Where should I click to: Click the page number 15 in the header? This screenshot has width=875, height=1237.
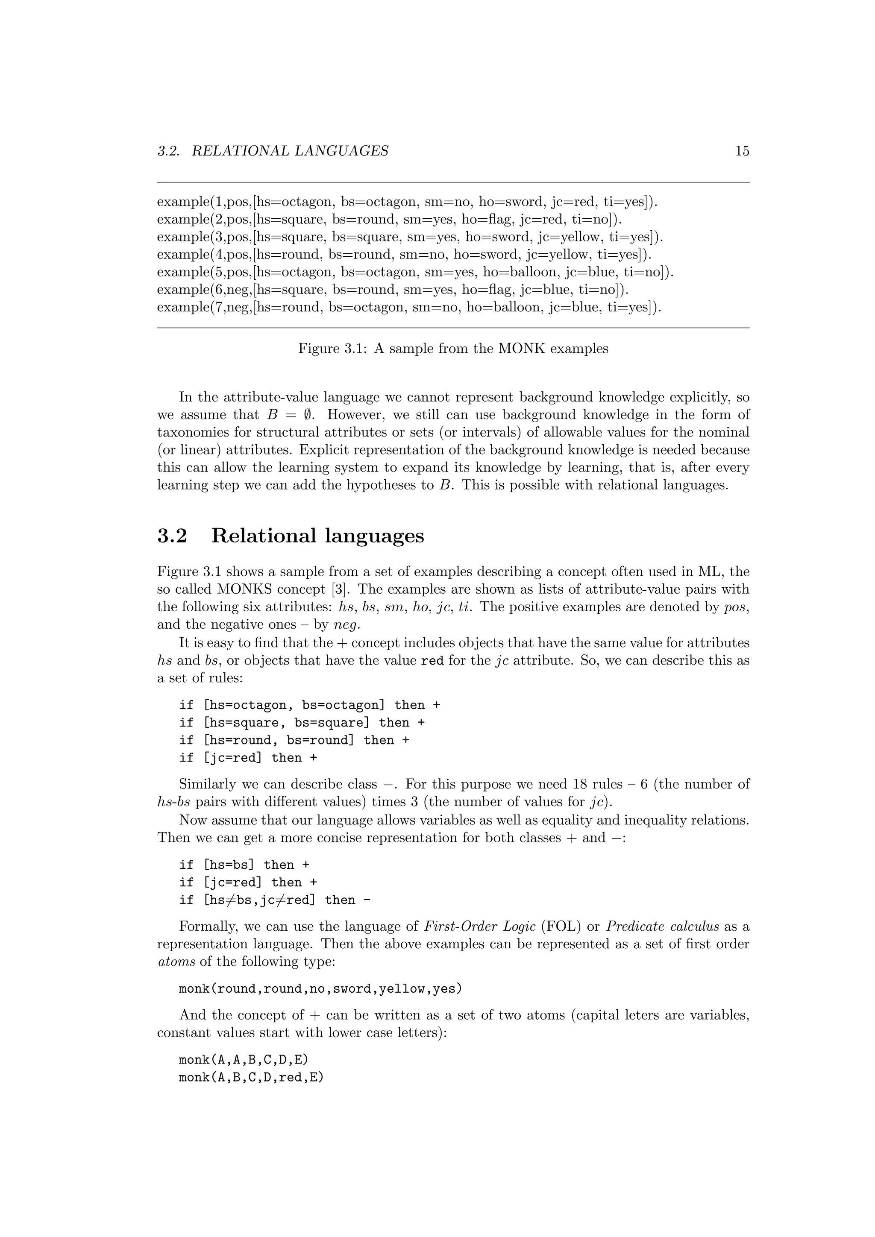coord(742,151)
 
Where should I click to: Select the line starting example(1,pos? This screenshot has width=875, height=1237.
coord(407,202)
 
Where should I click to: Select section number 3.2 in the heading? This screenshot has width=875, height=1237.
coord(172,536)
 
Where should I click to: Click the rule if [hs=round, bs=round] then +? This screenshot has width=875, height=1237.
coord(294,740)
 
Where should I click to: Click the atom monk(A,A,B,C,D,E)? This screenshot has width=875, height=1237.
coord(244,1060)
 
